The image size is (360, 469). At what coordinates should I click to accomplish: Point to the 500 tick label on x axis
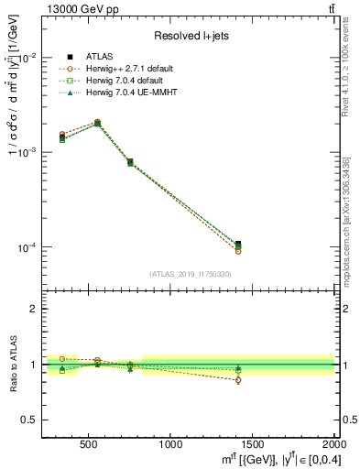click(89, 444)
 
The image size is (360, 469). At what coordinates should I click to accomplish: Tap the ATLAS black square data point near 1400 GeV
click(238, 245)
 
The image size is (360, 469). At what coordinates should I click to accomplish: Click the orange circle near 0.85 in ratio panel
click(238, 380)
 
